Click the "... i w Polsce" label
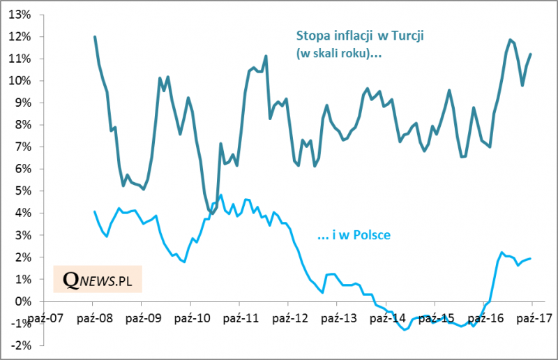[x=354, y=236]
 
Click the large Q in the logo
[x=70, y=279]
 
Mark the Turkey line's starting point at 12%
[x=94, y=37]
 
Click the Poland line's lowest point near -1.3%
[x=405, y=330]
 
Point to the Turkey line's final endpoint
[x=531, y=54]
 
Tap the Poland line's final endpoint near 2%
[x=531, y=258]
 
